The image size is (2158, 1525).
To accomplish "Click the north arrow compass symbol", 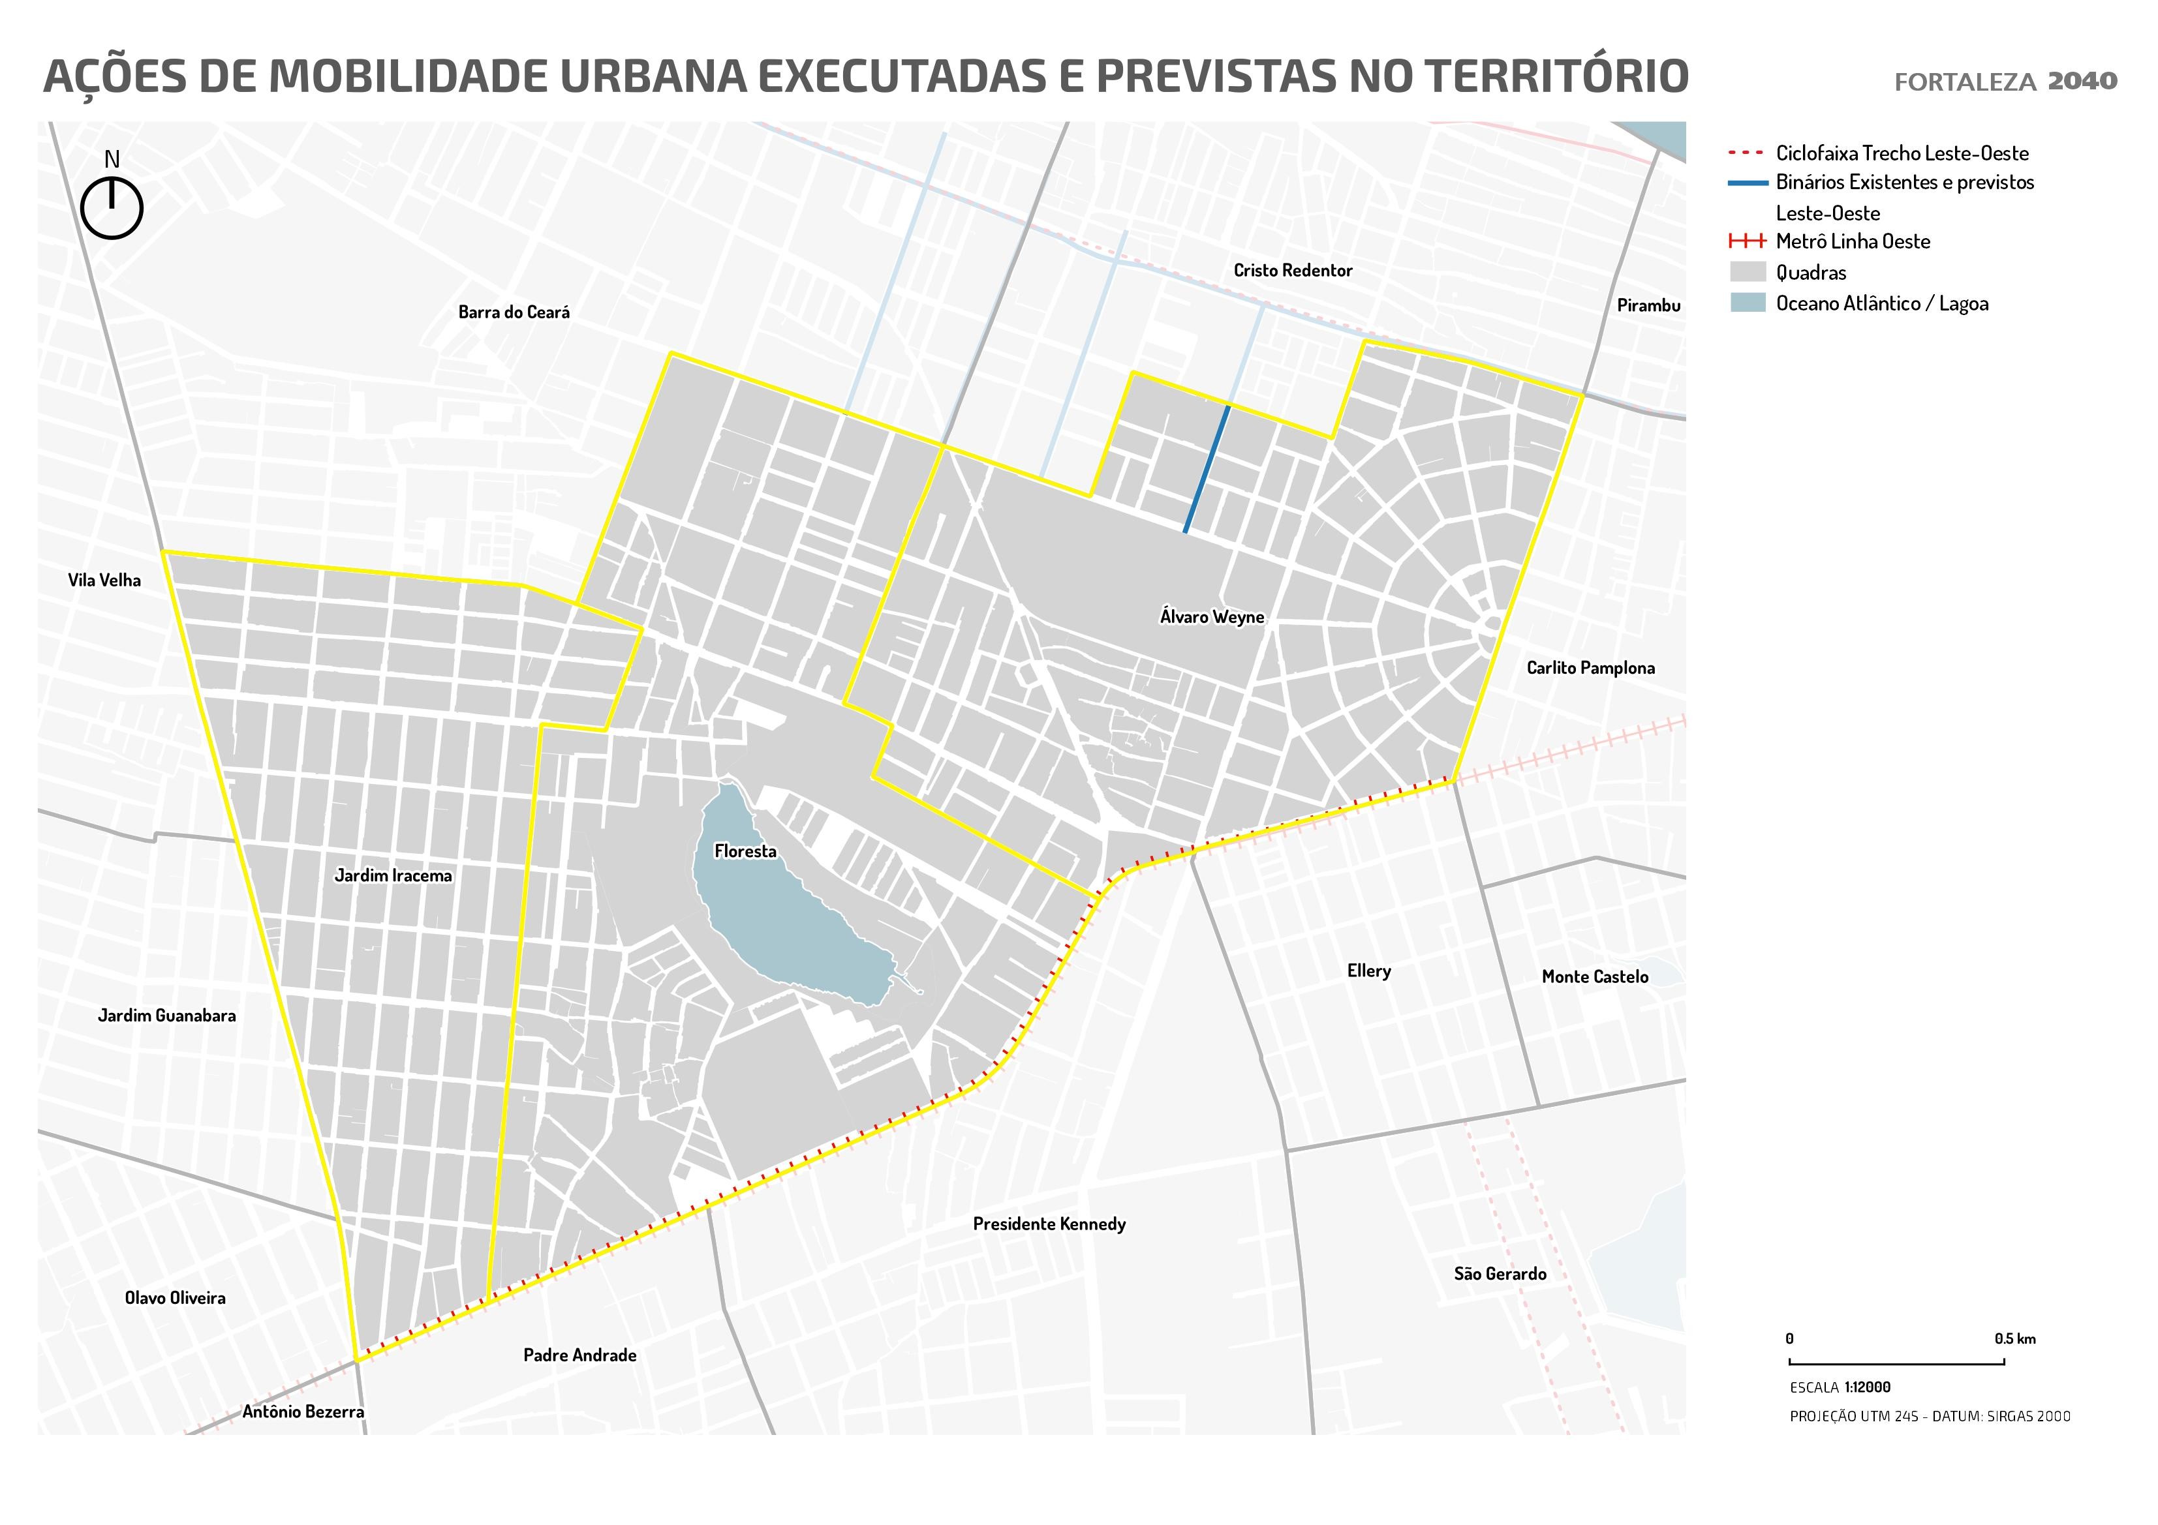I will pos(111,207).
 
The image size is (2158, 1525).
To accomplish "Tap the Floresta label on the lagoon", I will pos(745,851).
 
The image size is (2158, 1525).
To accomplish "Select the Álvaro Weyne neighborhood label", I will pos(1212,617).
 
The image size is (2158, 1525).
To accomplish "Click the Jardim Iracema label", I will pos(393,876).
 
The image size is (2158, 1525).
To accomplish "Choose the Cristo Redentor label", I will pos(1292,271).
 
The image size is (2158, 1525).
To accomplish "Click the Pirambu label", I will pos(1648,305).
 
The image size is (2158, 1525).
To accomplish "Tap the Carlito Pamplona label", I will pos(1590,668).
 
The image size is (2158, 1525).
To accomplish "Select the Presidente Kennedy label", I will pos(1049,1224).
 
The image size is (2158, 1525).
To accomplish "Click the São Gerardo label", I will pos(1499,1274).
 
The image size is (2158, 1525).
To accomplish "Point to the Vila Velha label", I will pos(104,580).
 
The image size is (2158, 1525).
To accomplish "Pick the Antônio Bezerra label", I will pos(303,1412).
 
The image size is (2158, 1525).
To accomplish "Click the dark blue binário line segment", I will pos(1207,470).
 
